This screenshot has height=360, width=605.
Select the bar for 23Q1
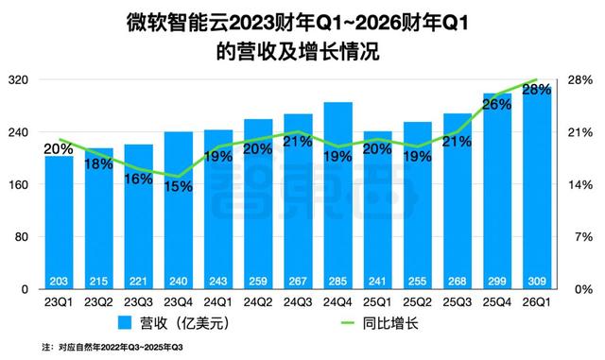coord(59,222)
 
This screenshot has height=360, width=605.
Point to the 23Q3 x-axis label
coord(139,302)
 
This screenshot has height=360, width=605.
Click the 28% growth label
coord(537,90)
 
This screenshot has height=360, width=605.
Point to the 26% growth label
coord(497,105)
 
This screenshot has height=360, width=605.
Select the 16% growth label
coord(138,179)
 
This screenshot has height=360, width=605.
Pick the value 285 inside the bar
coord(338,281)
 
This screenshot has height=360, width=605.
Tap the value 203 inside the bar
coord(59,281)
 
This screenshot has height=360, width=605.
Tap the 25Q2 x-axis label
coord(418,302)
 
